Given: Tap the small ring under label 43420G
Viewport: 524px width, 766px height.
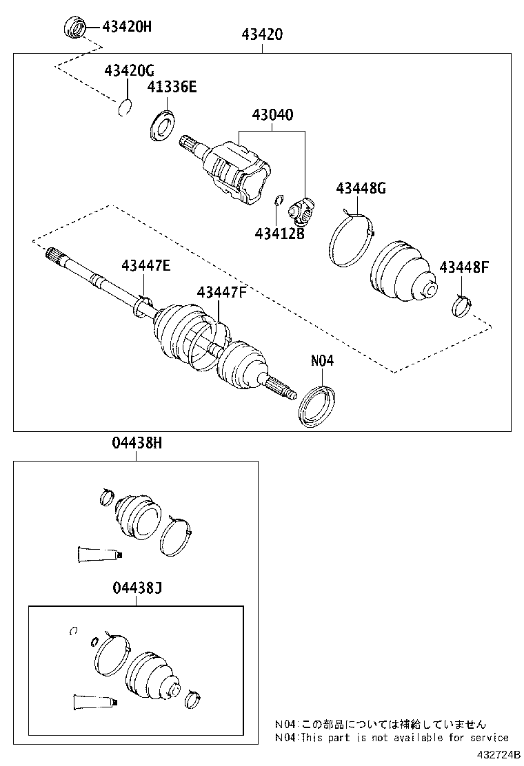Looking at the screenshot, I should point(124,108).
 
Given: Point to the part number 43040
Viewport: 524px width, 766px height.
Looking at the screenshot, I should point(272,114).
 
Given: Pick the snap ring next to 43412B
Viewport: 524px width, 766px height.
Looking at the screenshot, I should point(279,200).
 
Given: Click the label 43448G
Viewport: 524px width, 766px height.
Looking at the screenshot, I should point(361,188).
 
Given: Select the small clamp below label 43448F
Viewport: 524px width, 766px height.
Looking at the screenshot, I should point(461,306).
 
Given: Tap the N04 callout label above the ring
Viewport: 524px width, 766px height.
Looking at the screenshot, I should point(322,360).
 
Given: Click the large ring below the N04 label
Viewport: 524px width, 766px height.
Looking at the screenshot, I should point(317,406).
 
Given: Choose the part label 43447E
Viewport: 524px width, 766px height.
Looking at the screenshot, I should point(145,265).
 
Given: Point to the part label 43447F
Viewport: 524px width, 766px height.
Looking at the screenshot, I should point(221,292).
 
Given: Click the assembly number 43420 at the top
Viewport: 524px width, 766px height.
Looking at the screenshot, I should point(262,34).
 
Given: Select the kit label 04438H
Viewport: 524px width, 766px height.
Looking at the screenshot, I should point(137,444).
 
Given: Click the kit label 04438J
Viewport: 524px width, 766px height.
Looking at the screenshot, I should point(137,588).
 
